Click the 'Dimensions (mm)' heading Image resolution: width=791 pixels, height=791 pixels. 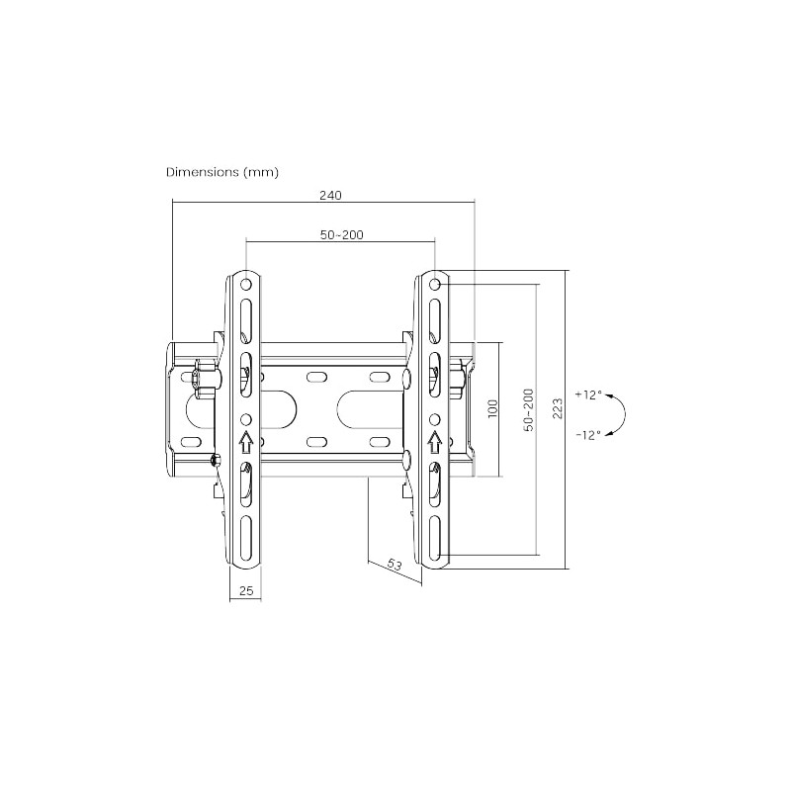coord(222,172)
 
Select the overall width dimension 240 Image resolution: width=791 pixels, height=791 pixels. coord(330,195)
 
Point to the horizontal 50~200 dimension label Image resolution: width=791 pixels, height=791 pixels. coord(341,234)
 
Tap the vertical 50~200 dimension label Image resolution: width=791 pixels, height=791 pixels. coord(529,409)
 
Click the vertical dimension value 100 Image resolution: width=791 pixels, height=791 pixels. coord(492,409)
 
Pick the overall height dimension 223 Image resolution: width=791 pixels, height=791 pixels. coord(558,409)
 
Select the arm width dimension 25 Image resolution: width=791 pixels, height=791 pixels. coord(246,590)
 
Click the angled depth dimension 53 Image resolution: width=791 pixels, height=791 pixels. coord(394,565)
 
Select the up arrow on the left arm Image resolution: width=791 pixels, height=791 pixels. coord(246,438)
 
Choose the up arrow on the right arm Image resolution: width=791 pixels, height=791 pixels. coord(434,438)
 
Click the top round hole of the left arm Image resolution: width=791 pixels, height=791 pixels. coord(246,286)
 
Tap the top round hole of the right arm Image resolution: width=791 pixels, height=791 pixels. coord(434,286)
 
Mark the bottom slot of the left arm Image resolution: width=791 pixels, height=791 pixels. coord(246,535)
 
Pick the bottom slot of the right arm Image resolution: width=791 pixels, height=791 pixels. coord(434,535)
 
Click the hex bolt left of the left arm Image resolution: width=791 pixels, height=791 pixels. coord(206,377)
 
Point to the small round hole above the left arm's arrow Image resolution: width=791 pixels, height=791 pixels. coord(246,418)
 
